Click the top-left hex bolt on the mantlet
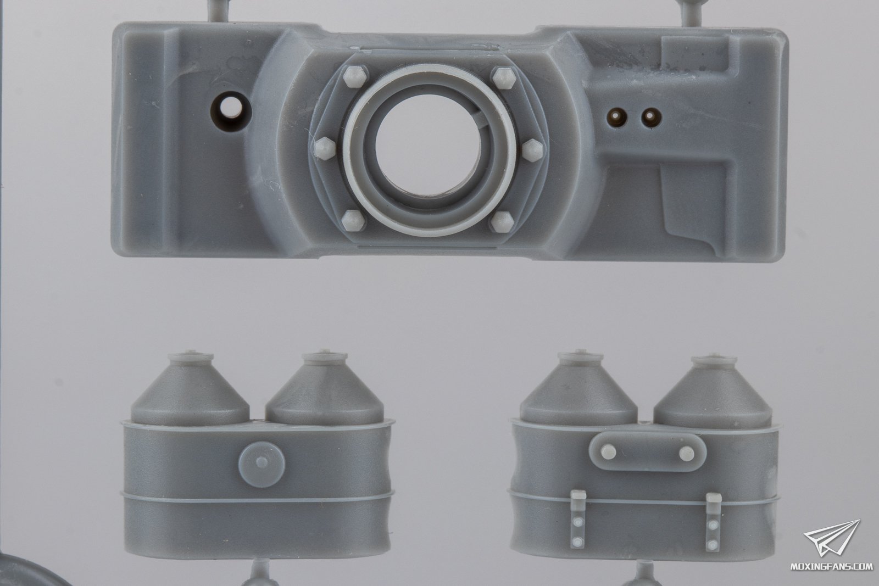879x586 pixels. tap(355, 77)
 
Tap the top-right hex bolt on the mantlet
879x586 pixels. tap(502, 77)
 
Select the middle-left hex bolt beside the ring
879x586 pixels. tap(325, 149)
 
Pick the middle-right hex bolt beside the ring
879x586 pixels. tap(532, 149)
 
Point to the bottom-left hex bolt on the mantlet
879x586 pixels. tap(354, 220)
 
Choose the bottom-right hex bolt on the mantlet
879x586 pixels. tap(502, 221)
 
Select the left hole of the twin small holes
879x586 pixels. tap(615, 116)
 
